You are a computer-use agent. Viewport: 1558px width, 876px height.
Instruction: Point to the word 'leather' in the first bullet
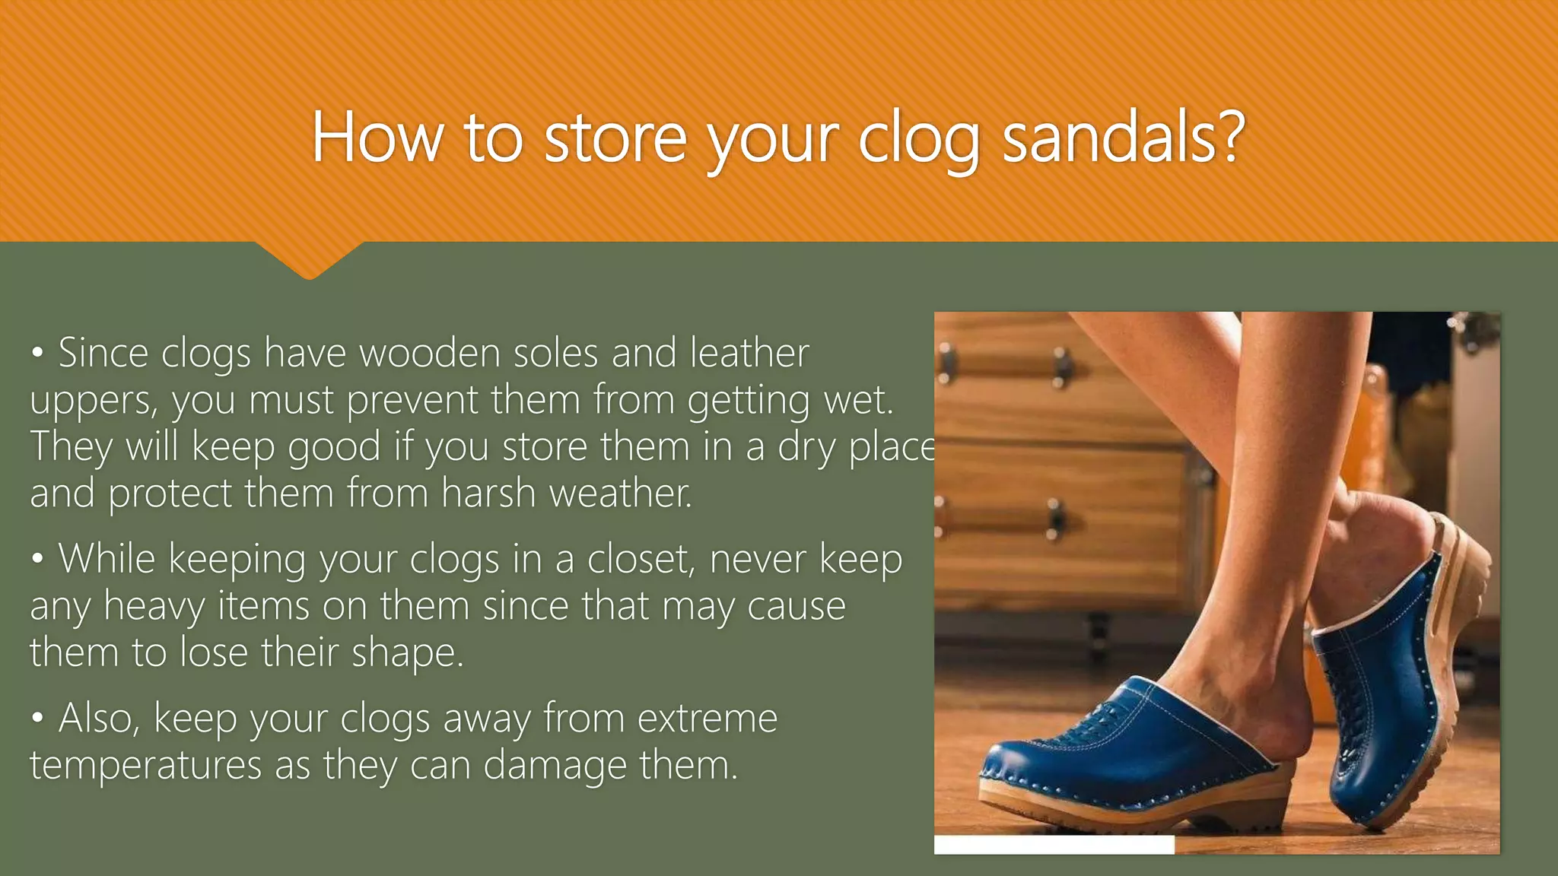tap(749, 354)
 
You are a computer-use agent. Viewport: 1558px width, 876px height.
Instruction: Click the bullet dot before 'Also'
tap(37, 719)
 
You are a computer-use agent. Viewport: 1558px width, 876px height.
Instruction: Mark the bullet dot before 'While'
tap(37, 560)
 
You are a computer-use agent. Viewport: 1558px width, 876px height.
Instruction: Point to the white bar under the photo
tap(1054, 845)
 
